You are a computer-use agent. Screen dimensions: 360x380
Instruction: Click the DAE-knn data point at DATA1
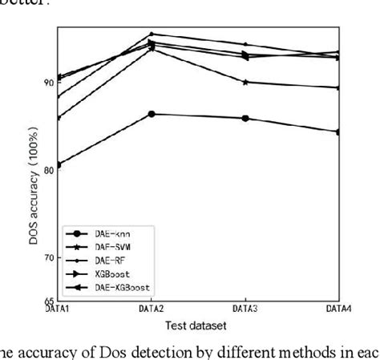(x=58, y=165)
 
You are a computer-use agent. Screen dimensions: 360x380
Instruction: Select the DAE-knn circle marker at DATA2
(x=152, y=114)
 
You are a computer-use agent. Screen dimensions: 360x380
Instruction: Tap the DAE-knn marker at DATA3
(x=245, y=119)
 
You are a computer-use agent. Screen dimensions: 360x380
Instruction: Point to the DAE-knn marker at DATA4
(x=338, y=131)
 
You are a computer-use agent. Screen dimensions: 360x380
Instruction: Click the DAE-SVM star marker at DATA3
(x=245, y=82)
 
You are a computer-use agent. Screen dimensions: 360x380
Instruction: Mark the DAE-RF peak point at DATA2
(x=152, y=34)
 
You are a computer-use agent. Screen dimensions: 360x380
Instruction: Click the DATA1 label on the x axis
(x=58, y=308)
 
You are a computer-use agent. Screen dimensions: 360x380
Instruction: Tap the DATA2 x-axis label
(x=152, y=308)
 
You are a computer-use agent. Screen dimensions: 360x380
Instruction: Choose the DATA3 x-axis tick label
(x=245, y=308)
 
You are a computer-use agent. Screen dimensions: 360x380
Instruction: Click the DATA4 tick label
(x=338, y=308)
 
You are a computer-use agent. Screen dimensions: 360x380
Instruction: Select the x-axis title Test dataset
(x=197, y=326)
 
